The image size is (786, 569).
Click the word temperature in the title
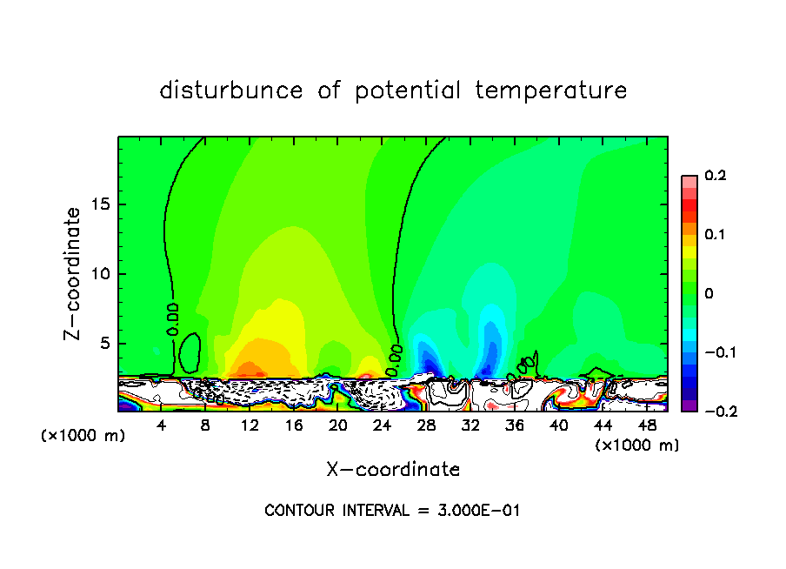pyautogui.click(x=551, y=90)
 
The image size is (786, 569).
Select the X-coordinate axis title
pyautogui.click(x=393, y=470)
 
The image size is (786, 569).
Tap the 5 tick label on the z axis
pyautogui.click(x=108, y=344)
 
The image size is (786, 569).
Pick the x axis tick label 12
pyautogui.click(x=250, y=425)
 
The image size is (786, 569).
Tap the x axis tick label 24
pyautogui.click(x=382, y=425)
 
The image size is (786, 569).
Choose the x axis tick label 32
pyautogui.click(x=470, y=425)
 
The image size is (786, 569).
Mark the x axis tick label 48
pyautogui.click(x=646, y=425)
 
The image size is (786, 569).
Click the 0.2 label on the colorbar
pyautogui.click(x=715, y=176)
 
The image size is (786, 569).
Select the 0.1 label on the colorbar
pyautogui.click(x=715, y=235)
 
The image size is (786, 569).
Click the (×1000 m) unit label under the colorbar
pyautogui.click(x=636, y=445)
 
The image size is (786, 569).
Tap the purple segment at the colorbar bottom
pyautogui.click(x=689, y=405)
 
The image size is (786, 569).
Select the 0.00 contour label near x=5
pyautogui.click(x=174, y=318)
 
